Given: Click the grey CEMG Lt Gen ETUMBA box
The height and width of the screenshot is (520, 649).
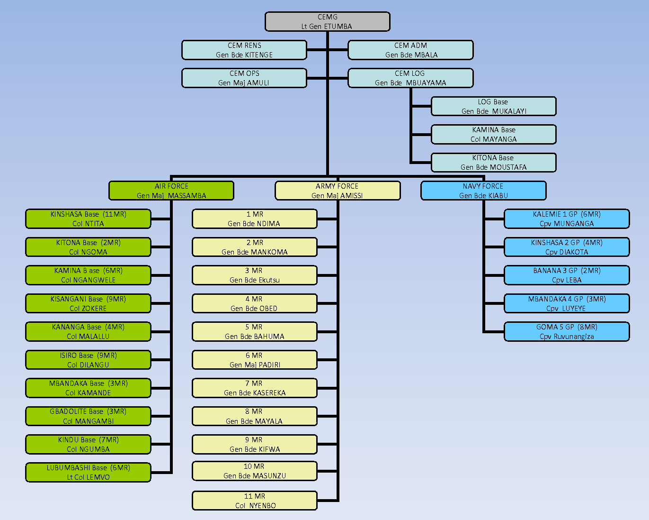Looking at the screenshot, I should click(x=327, y=22).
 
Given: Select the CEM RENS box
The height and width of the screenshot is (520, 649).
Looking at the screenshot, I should click(x=244, y=50).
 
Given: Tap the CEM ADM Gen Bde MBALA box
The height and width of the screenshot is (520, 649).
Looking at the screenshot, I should click(x=410, y=50).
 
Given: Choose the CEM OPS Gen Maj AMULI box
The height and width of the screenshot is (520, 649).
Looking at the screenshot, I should click(x=244, y=78).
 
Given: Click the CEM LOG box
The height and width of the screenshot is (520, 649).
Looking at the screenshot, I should click(x=410, y=78).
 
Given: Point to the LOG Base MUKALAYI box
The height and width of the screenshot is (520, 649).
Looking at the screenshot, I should click(x=493, y=106).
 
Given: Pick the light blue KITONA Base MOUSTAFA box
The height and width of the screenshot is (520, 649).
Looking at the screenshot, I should click(x=493, y=163).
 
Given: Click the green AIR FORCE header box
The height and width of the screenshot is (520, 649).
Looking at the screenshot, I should click(x=171, y=191).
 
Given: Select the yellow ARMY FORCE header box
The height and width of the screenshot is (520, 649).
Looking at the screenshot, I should click(x=338, y=191).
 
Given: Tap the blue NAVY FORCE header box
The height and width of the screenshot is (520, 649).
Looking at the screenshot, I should click(x=483, y=191).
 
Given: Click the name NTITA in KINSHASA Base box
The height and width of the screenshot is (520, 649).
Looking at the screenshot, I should click(x=95, y=224).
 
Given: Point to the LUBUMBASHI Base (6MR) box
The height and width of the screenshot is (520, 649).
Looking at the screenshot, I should click(x=88, y=473).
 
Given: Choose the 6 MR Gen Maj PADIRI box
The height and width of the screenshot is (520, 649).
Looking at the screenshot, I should click(x=255, y=360).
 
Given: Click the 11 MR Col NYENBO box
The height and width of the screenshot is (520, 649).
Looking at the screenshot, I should click(x=255, y=501).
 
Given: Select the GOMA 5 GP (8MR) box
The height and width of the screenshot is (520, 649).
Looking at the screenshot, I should click(x=567, y=331).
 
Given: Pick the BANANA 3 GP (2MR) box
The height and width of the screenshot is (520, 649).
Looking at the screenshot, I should click(x=567, y=275).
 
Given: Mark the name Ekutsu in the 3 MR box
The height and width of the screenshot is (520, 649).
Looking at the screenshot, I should click(x=267, y=280).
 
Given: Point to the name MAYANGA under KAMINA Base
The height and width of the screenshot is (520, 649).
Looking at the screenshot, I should click(x=500, y=139).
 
